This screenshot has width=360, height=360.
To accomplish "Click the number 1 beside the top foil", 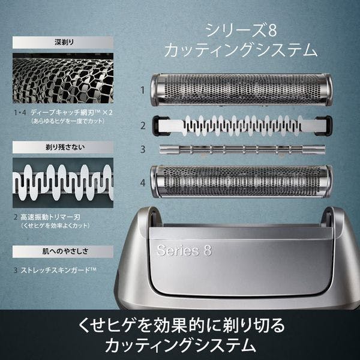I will click(x=143, y=91).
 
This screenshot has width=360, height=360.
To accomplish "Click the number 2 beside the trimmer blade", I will click(x=143, y=126).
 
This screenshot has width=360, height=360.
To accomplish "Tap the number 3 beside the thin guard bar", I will click(x=143, y=149).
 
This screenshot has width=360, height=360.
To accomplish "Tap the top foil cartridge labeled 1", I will click(x=242, y=91).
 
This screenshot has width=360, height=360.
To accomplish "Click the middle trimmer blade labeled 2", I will click(x=242, y=125).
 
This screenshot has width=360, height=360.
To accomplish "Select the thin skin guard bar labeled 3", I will click(x=242, y=148).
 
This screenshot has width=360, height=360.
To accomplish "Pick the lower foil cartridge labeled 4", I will click(x=242, y=182).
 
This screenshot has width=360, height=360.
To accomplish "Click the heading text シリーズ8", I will click(x=238, y=29).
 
